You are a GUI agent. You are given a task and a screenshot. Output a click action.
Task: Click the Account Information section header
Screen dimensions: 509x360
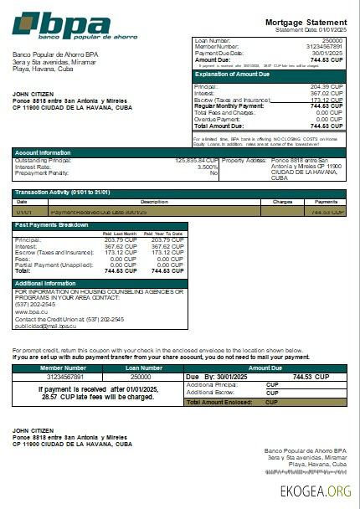click(43, 152)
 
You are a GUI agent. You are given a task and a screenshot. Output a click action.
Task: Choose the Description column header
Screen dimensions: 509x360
click(154, 202)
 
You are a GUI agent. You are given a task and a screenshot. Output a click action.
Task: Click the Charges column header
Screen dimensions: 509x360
click(281, 202)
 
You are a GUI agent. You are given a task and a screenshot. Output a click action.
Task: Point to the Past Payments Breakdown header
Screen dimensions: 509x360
click(53, 224)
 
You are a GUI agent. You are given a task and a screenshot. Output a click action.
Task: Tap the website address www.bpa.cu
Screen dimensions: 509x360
click(28, 311)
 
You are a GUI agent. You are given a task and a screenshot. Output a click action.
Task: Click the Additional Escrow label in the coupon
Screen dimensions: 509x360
click(209, 392)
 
